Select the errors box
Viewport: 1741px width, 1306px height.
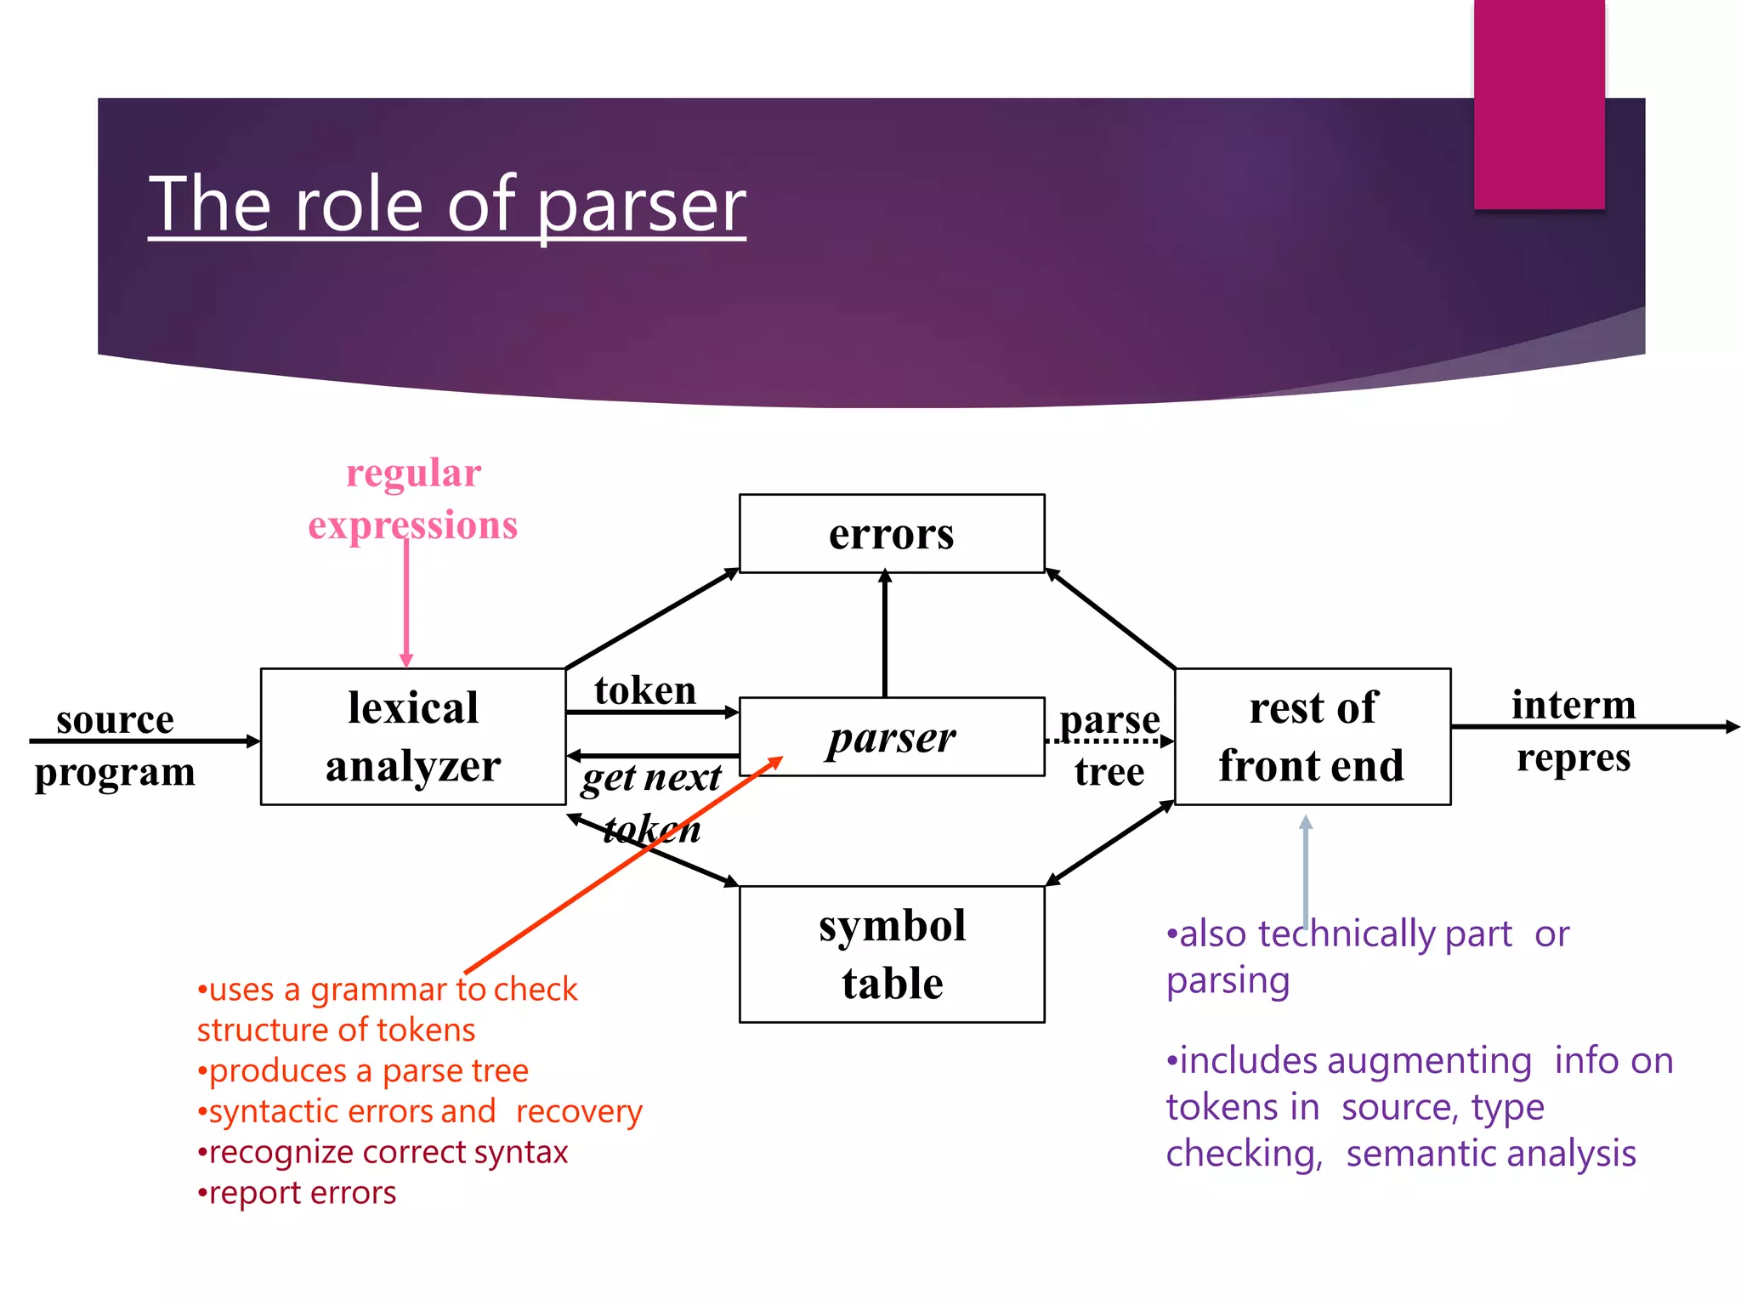(891, 534)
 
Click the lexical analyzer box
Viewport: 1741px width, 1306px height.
(413, 736)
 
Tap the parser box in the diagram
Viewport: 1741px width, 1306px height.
(891, 737)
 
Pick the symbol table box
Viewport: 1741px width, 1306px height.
(891, 954)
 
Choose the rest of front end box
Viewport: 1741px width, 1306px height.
(1312, 736)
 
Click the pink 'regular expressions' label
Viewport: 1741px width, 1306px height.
(413, 499)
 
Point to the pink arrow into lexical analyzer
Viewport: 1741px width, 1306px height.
(406, 604)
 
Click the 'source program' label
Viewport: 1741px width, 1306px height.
(115, 746)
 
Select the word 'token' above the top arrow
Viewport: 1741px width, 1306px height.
(645, 690)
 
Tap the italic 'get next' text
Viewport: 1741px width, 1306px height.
(652, 777)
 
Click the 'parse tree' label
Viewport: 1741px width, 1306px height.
(1109, 745)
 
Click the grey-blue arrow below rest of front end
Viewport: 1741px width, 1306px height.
(1306, 867)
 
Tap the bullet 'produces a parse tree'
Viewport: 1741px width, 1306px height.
(363, 1070)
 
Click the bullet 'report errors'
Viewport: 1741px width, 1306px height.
(297, 1193)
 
